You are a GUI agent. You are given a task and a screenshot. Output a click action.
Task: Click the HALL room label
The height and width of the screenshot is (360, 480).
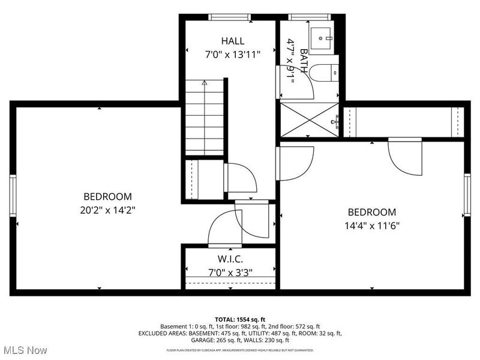click(232, 41)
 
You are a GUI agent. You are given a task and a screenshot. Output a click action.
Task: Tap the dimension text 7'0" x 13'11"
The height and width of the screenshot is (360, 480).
click(232, 54)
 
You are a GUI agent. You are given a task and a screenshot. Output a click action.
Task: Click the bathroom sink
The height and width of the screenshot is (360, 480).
click(323, 37)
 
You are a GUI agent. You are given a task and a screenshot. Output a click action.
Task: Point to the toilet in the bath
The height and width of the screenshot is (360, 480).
click(328, 73)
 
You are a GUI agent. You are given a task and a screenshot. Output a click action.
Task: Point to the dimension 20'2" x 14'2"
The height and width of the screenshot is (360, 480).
click(107, 209)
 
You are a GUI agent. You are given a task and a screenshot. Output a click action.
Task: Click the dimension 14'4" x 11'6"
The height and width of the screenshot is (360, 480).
click(372, 226)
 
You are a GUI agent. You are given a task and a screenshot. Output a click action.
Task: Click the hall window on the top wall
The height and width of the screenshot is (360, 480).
click(227, 17)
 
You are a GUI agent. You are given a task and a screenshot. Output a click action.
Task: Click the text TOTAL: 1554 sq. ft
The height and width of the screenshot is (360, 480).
click(240, 319)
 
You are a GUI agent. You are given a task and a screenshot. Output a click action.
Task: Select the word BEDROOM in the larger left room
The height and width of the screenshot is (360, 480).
click(107, 197)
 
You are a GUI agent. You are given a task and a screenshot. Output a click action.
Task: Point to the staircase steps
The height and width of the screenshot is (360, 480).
click(205, 120)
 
